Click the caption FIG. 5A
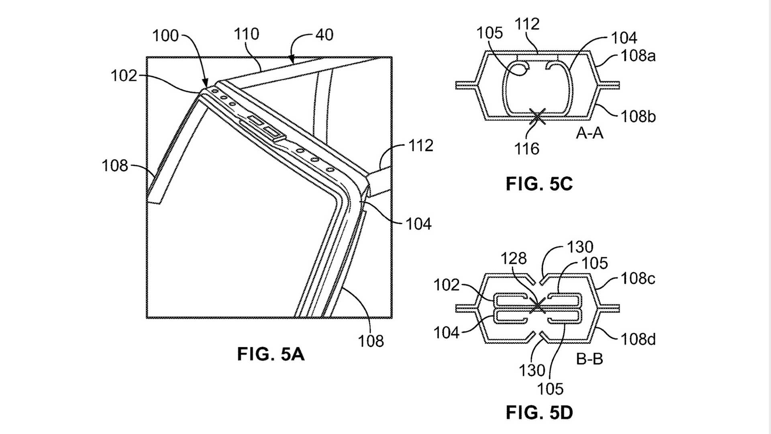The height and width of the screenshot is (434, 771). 271,354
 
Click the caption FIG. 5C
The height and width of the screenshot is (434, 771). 539,184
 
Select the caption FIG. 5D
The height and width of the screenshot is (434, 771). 539,413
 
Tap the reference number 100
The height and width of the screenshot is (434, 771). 165,36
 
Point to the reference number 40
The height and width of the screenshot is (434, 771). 324,35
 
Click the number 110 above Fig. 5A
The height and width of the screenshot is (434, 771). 246,34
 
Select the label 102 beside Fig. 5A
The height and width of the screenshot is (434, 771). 124,76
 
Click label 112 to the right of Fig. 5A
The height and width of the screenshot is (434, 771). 420,145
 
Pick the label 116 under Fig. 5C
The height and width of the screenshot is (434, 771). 526,149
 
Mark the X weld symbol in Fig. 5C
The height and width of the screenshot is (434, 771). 537,117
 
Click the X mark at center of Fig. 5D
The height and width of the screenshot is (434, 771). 537,307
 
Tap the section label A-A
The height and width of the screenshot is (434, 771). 589,133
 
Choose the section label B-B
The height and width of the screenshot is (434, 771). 589,358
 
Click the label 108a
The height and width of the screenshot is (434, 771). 638,56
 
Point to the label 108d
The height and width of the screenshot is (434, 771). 638,340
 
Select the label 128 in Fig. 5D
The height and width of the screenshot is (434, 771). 513,258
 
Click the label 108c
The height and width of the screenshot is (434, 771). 638,278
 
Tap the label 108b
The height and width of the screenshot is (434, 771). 638,117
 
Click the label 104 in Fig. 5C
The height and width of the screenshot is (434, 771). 624,38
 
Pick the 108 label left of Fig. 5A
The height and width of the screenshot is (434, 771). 114,166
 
